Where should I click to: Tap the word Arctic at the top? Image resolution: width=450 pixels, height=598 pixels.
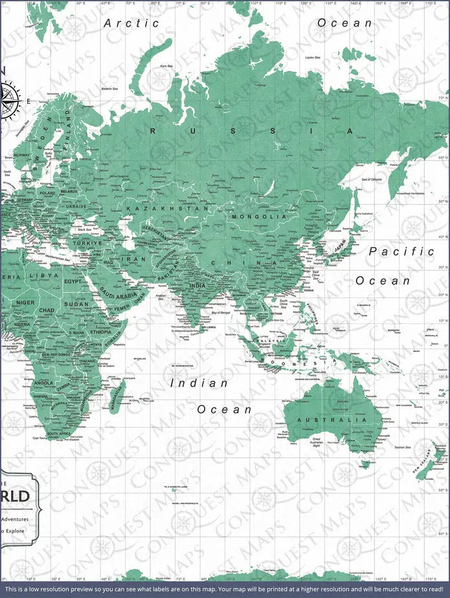[131, 23]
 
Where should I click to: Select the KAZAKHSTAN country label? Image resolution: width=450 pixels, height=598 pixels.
[168, 209]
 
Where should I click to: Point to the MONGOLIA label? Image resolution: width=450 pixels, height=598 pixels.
[259, 217]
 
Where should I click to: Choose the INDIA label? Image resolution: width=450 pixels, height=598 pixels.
[197, 285]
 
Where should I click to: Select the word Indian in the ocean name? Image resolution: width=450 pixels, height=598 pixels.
[199, 383]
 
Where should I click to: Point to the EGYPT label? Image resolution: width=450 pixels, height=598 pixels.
[74, 282]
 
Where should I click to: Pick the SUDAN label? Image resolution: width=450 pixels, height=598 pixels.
[76, 303]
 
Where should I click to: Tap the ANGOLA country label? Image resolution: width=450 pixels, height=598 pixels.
[43, 383]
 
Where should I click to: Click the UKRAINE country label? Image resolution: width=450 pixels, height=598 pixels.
[76, 206]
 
